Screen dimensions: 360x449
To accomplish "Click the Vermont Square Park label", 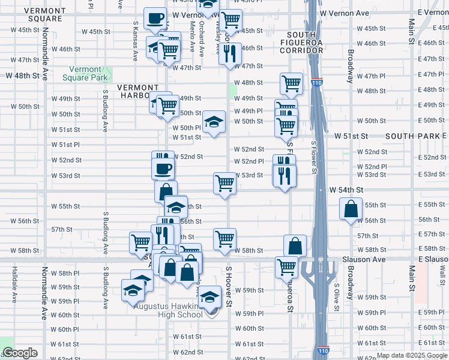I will coord(88,73).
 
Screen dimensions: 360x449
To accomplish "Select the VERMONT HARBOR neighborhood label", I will coord(139,91).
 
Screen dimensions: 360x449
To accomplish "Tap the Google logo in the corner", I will coord(20,353).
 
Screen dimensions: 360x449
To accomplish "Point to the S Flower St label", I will coord(313,158).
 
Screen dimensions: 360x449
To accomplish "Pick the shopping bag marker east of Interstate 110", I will coord(351,209).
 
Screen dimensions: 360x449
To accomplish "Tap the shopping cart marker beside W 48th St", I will coord(291,83).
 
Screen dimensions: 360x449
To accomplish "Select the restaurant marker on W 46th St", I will coord(229,54).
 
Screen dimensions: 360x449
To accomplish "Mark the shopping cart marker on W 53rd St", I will coord(225,183).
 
